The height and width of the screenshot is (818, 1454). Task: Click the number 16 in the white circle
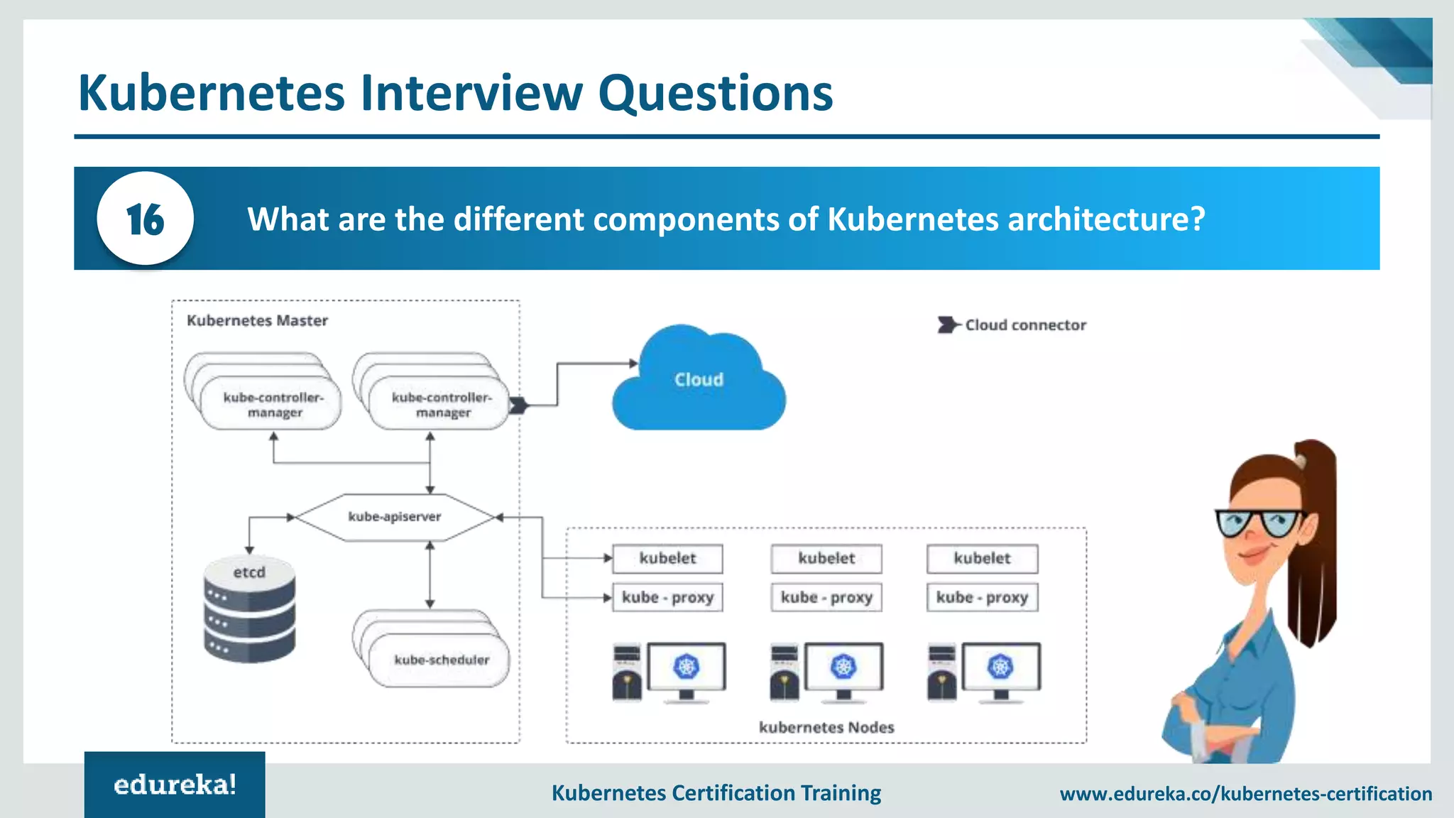pyautogui.click(x=145, y=219)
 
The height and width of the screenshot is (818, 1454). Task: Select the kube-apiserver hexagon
pyautogui.click(x=395, y=517)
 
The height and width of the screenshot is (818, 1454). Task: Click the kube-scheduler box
pyautogui.click(x=441, y=660)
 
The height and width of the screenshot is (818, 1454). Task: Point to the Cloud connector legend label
pyautogui.click(x=1025, y=325)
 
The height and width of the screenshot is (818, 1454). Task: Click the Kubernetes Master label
pyautogui.click(x=257, y=321)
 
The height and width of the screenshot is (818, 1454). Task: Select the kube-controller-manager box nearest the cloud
pyautogui.click(x=441, y=405)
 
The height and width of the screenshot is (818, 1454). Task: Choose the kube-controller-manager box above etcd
pyautogui.click(x=273, y=405)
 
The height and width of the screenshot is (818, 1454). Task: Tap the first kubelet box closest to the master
pyautogui.click(x=667, y=559)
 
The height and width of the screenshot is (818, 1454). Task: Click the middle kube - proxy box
pyautogui.click(x=826, y=597)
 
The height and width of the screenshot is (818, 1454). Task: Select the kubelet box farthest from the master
pyautogui.click(x=982, y=559)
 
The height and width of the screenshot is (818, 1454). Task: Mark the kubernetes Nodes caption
pyautogui.click(x=826, y=727)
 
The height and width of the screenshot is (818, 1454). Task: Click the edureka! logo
pyautogui.click(x=175, y=785)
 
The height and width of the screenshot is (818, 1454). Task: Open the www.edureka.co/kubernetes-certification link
pyautogui.click(x=1246, y=793)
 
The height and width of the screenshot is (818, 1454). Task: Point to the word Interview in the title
pyautogui.click(x=471, y=93)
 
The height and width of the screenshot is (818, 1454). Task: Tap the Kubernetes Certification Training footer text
pyautogui.click(x=716, y=792)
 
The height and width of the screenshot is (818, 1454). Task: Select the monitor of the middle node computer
pyautogui.click(x=844, y=667)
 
